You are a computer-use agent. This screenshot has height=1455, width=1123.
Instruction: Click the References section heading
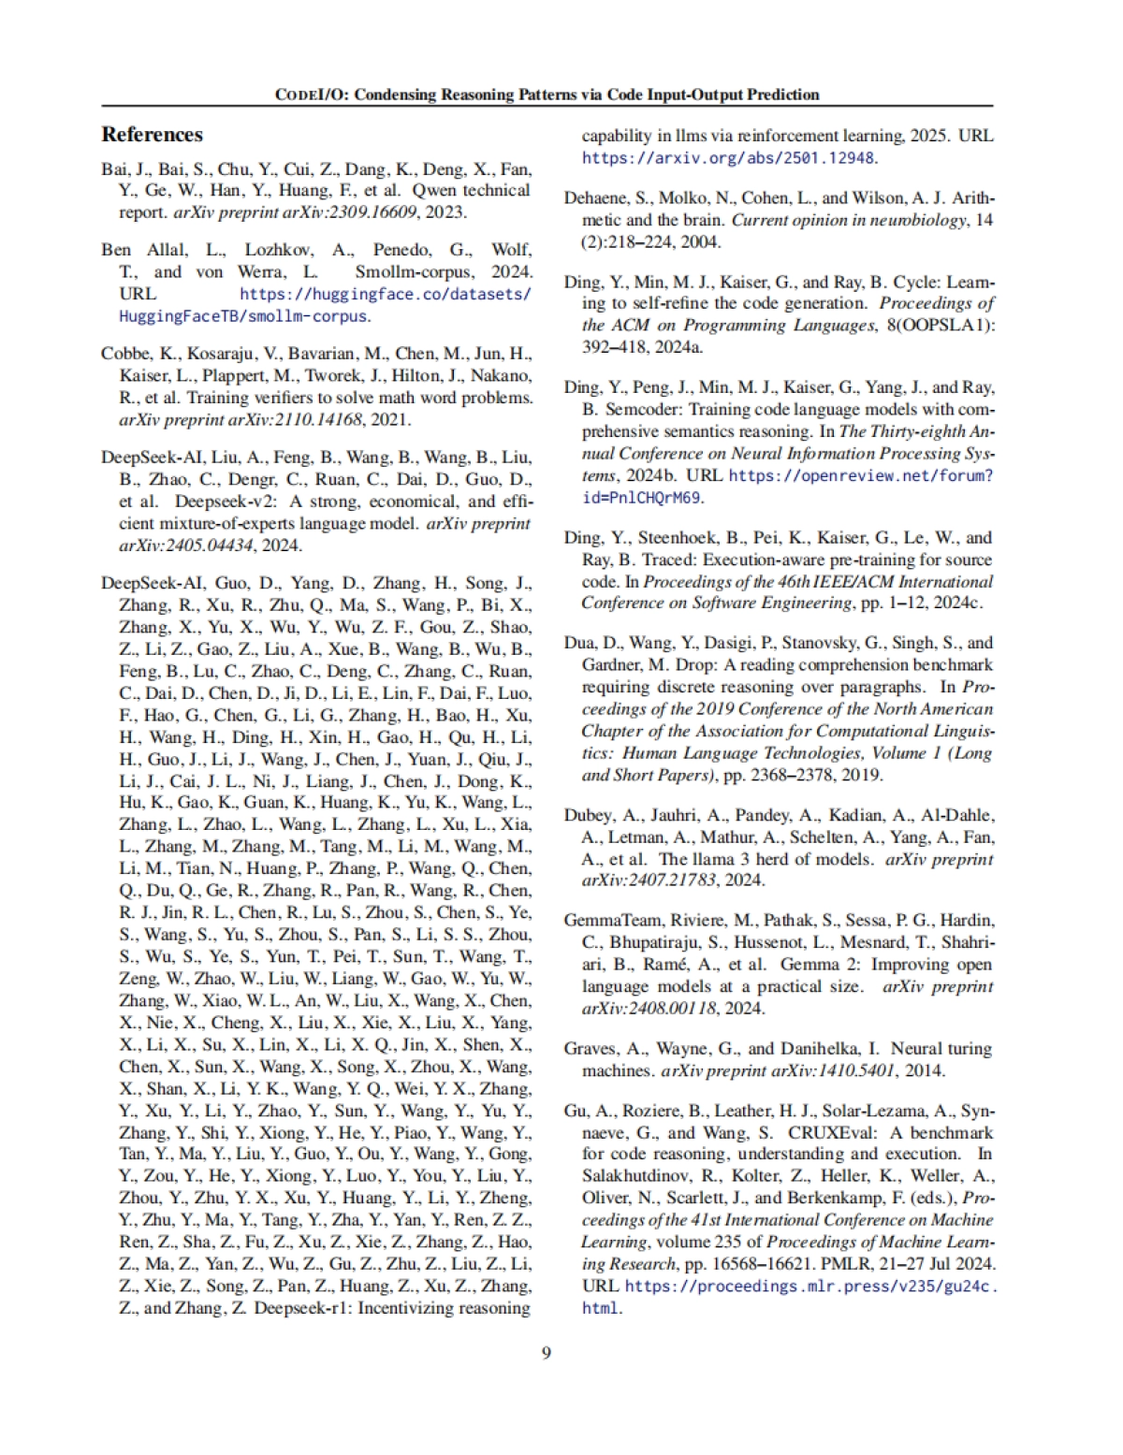click(152, 135)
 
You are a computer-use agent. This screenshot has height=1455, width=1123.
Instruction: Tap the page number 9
click(547, 1353)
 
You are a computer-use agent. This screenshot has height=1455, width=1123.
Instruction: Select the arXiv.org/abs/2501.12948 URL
click(729, 157)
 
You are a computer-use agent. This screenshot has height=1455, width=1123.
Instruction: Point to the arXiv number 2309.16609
click(364, 212)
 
